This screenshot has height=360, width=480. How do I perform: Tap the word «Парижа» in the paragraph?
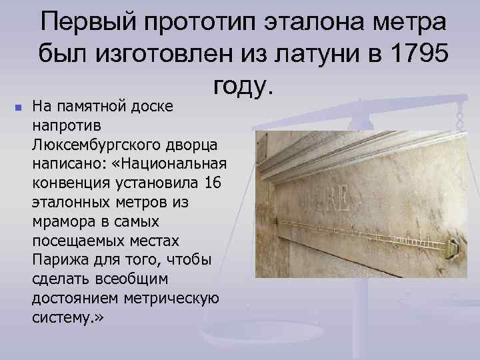[x=55, y=259]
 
